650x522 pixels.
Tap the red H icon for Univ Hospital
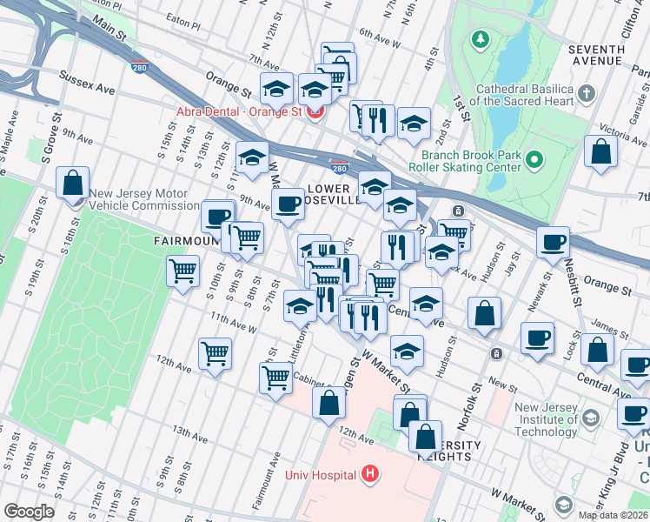point(371,474)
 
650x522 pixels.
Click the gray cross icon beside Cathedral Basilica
point(587,93)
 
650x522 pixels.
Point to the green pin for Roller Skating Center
point(534,159)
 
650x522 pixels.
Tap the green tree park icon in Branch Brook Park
point(479,39)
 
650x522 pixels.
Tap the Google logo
point(29,512)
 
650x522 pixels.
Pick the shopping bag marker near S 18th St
point(73,183)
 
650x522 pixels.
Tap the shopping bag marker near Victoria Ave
point(600,151)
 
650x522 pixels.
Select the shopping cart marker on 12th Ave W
point(215,353)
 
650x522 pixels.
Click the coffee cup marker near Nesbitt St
point(553,242)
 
